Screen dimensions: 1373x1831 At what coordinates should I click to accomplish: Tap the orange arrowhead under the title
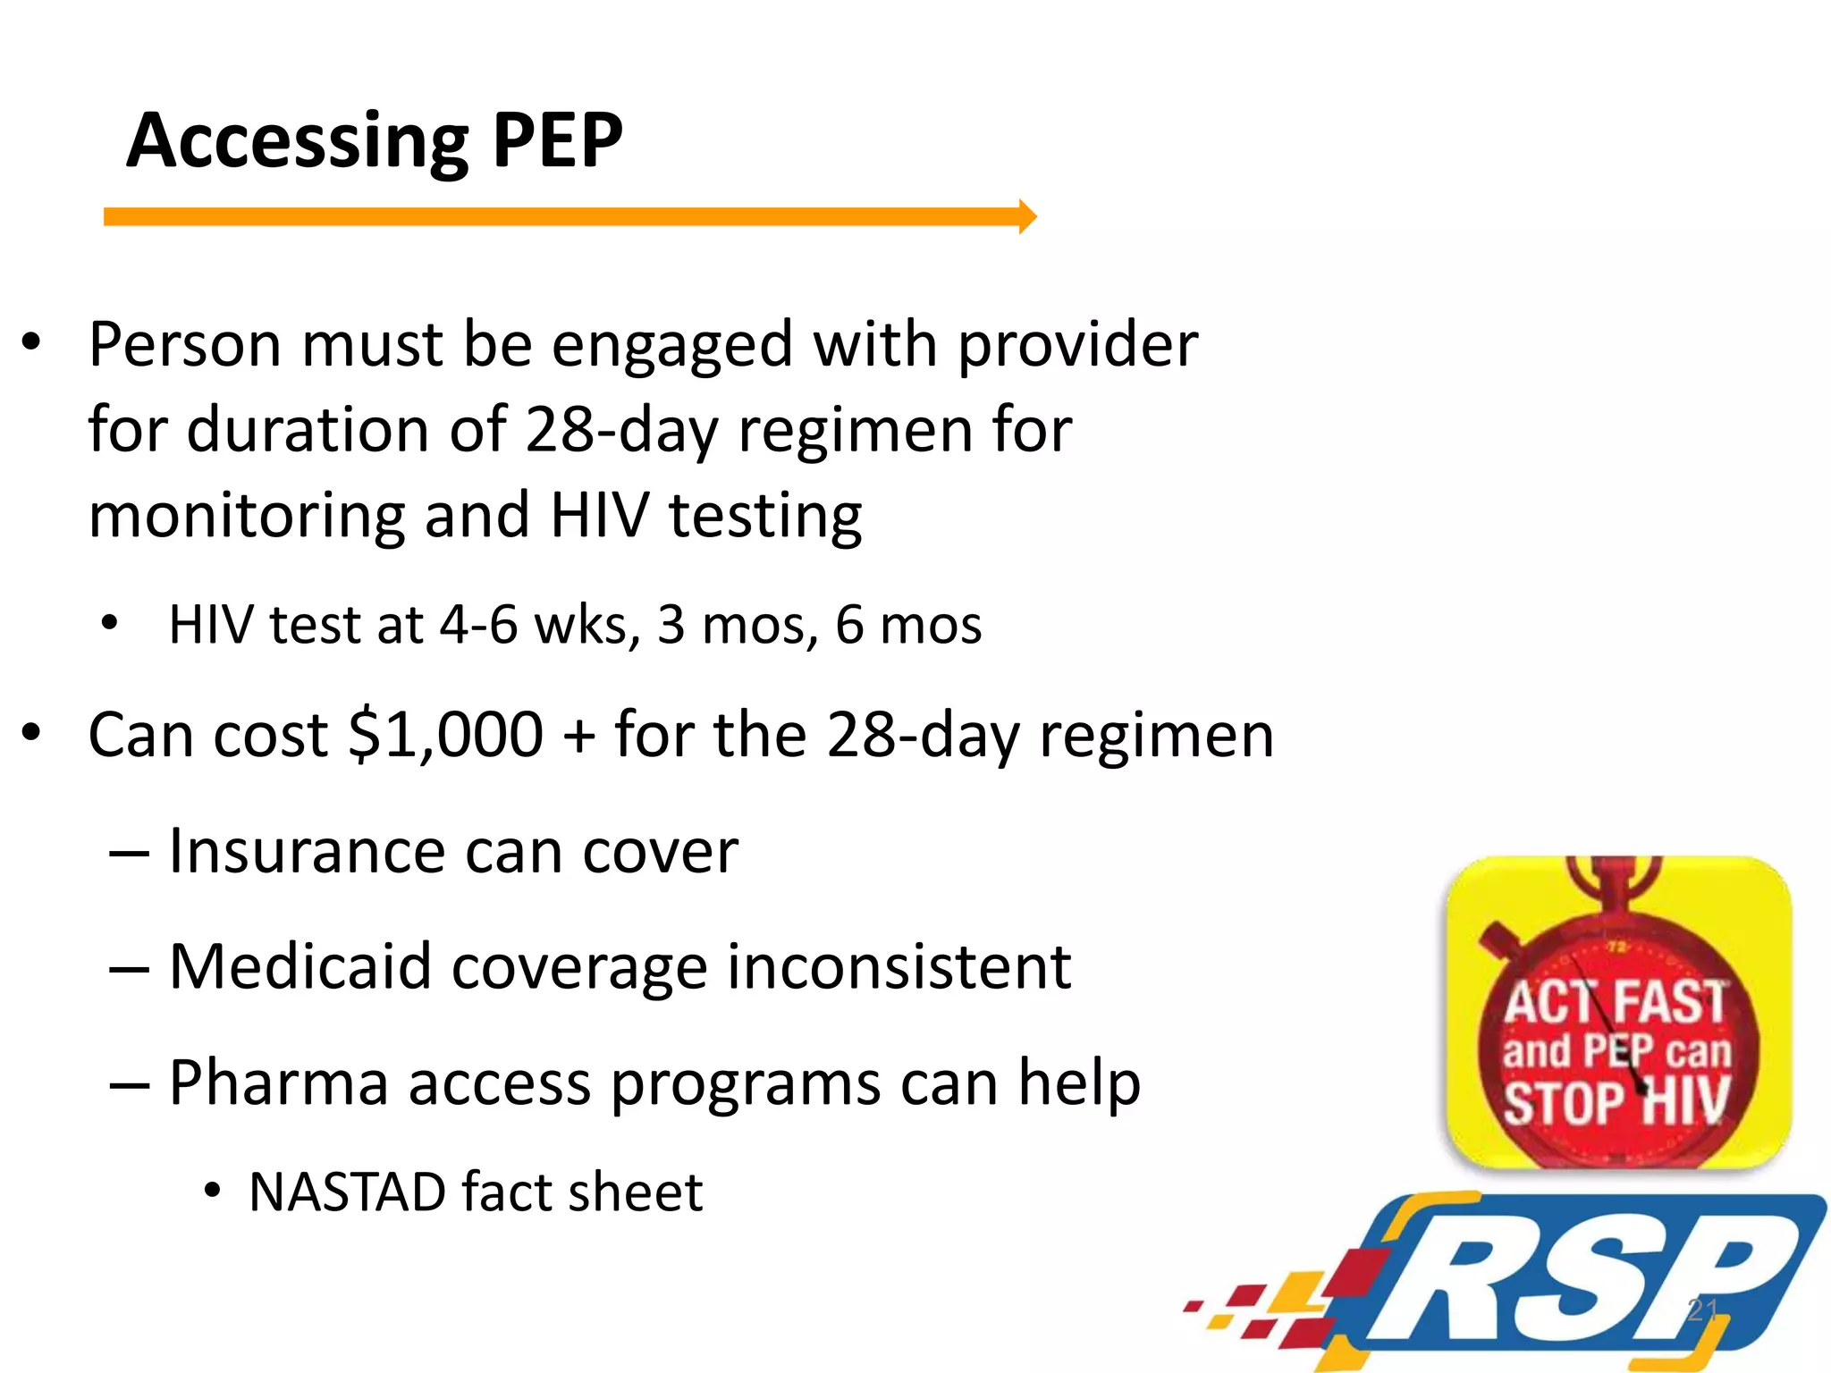(1027, 216)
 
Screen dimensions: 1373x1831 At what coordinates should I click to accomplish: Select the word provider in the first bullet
(1077, 345)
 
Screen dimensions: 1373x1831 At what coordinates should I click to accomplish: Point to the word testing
(765, 518)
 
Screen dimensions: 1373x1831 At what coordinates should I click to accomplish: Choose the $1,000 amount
(444, 735)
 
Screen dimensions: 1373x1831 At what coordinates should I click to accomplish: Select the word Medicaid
(300, 966)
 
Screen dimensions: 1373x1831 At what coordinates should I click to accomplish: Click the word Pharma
(278, 1083)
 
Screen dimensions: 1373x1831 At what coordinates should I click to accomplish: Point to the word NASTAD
(347, 1192)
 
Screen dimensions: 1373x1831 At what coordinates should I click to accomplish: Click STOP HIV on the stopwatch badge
(1615, 1101)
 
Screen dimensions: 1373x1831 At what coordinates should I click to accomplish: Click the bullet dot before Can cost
(32, 734)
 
